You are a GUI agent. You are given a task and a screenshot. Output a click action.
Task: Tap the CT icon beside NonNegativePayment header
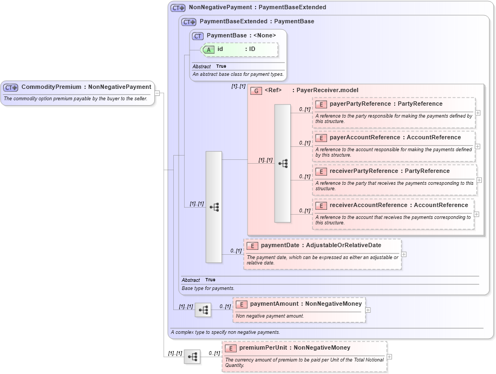coord(178,8)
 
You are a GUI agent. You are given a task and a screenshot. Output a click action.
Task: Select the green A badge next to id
coord(208,49)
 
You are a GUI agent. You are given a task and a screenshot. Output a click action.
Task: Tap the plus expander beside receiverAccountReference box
coord(477,214)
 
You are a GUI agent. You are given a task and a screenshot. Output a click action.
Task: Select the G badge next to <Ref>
coord(256,91)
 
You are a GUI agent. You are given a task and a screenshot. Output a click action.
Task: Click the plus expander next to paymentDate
coord(404,254)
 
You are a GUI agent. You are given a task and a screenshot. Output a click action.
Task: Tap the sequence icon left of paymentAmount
coord(203,310)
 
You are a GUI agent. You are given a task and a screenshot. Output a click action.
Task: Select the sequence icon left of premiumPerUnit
coord(192,357)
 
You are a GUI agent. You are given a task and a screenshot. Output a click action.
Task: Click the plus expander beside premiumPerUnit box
coord(389,357)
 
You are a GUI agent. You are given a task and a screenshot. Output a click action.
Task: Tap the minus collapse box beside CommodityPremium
coord(157,93)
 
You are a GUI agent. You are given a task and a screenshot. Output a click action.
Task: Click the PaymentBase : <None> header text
coord(241,36)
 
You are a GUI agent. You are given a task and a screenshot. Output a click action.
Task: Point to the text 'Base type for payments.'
coord(208,289)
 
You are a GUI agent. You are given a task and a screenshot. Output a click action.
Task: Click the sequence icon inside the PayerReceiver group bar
coord(283,164)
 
